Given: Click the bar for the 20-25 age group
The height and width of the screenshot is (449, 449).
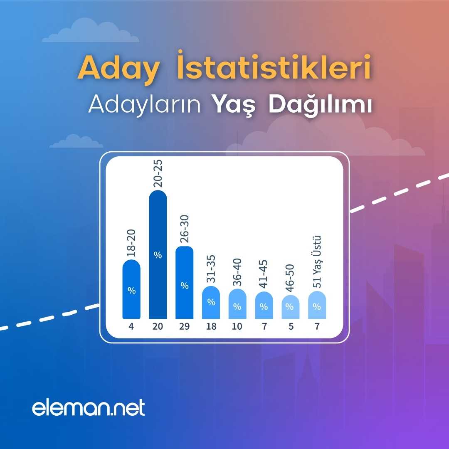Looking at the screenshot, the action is tap(158, 254).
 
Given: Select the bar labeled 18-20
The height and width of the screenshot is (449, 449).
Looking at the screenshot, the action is tap(131, 289).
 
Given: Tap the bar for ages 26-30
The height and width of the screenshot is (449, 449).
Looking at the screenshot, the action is tap(185, 282).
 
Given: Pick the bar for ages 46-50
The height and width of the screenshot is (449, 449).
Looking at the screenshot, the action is tap(291, 307).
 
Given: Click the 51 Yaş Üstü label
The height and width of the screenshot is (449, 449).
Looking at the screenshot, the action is tap(317, 262).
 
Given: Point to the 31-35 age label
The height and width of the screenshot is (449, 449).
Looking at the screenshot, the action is tap(211, 269).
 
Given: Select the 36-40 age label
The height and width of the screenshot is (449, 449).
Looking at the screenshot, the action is tap(237, 272).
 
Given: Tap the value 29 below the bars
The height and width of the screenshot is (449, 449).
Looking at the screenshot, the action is tap(185, 326).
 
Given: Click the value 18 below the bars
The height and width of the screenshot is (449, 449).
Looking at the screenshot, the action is tap(211, 326).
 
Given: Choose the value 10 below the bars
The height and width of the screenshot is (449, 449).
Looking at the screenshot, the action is tap(237, 326).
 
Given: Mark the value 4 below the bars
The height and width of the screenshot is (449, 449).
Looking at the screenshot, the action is tap(131, 326).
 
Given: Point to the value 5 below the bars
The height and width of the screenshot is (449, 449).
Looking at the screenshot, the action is tap(291, 326).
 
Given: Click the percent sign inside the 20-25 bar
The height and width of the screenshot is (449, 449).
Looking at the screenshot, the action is tap(158, 255).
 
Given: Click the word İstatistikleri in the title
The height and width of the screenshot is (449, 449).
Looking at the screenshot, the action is tap(274, 65).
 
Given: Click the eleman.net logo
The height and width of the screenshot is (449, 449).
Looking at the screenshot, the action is tap(89, 407).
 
